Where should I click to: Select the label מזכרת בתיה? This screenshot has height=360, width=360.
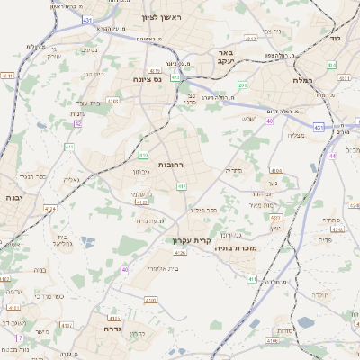click(238, 247)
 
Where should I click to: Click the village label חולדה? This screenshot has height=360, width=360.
click(319, 294)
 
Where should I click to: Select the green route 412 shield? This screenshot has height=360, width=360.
click(182, 186)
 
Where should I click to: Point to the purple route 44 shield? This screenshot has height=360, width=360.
click(331, 156)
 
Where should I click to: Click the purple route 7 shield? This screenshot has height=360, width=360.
click(19, 337)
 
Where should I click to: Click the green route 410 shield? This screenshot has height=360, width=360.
click(142, 155)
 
